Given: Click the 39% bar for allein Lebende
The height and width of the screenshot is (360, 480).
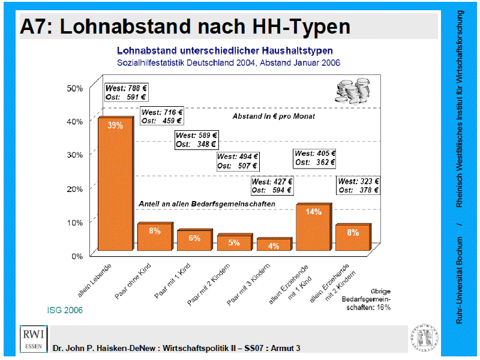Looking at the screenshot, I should (115, 186).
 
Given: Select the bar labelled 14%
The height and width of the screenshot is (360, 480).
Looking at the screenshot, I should (313, 228).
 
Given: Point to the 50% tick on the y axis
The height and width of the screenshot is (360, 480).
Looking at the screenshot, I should (74, 88).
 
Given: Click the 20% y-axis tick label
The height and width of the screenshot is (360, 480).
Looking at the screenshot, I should (74, 188).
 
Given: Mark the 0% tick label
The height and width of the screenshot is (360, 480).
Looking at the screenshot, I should (77, 256).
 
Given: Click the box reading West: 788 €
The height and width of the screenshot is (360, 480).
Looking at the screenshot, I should (126, 92).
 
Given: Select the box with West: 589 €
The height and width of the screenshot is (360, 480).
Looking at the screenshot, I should (196, 139).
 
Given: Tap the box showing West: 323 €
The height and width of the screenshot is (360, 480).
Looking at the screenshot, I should (359, 185).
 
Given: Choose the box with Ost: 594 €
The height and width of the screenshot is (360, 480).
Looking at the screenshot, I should (272, 186).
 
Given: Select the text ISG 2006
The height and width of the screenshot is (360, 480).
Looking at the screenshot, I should (65, 310).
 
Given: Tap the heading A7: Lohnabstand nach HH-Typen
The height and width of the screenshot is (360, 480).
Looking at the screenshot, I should (185, 27).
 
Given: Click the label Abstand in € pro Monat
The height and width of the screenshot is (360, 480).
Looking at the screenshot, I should (274, 116).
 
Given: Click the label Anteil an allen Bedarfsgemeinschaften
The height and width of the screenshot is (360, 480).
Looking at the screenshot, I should (207, 204).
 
